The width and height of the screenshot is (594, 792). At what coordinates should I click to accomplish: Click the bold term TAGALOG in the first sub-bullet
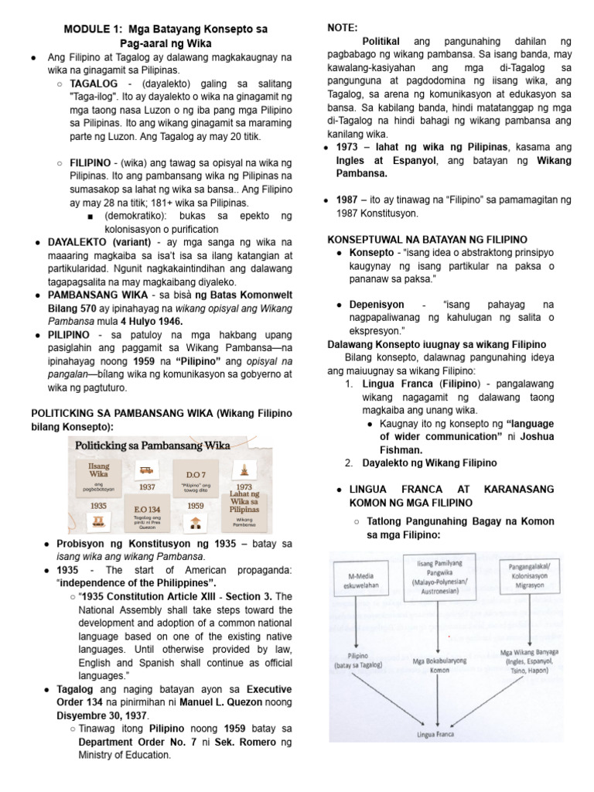click(94, 83)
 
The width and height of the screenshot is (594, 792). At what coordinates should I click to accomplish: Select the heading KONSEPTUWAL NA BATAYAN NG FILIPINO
click(439, 240)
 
